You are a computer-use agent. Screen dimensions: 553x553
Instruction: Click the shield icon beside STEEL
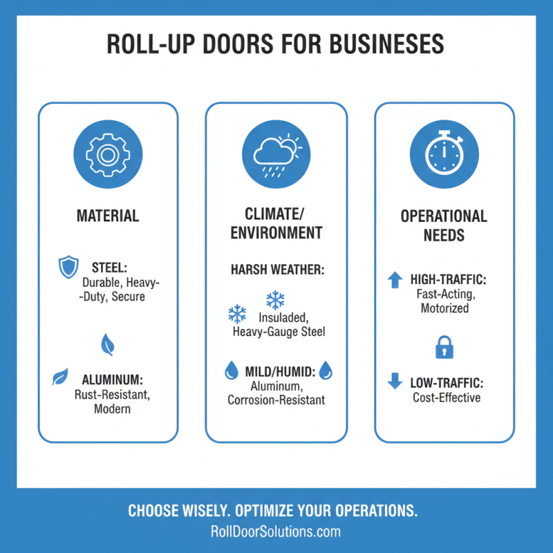click(x=68, y=267)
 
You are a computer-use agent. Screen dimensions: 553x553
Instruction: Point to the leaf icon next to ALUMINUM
click(x=60, y=377)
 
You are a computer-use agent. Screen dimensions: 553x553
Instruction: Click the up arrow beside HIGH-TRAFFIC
click(x=395, y=279)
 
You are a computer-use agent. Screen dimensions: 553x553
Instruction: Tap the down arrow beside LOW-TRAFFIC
click(x=395, y=381)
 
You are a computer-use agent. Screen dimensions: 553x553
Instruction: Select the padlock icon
click(x=444, y=348)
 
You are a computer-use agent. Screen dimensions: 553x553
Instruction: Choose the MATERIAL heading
click(x=108, y=216)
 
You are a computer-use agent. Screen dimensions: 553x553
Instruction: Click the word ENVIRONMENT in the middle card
click(x=276, y=232)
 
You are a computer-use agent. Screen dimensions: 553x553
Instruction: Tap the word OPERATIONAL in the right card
click(x=444, y=216)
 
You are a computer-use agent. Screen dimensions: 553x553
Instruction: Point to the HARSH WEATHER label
click(x=276, y=269)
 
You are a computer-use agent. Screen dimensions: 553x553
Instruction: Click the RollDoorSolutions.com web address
click(x=276, y=532)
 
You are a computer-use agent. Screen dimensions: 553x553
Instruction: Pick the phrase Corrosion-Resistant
click(x=276, y=400)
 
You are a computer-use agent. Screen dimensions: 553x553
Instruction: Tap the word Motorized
click(x=444, y=308)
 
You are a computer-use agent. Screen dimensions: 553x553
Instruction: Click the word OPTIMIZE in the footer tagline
click(x=274, y=512)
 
